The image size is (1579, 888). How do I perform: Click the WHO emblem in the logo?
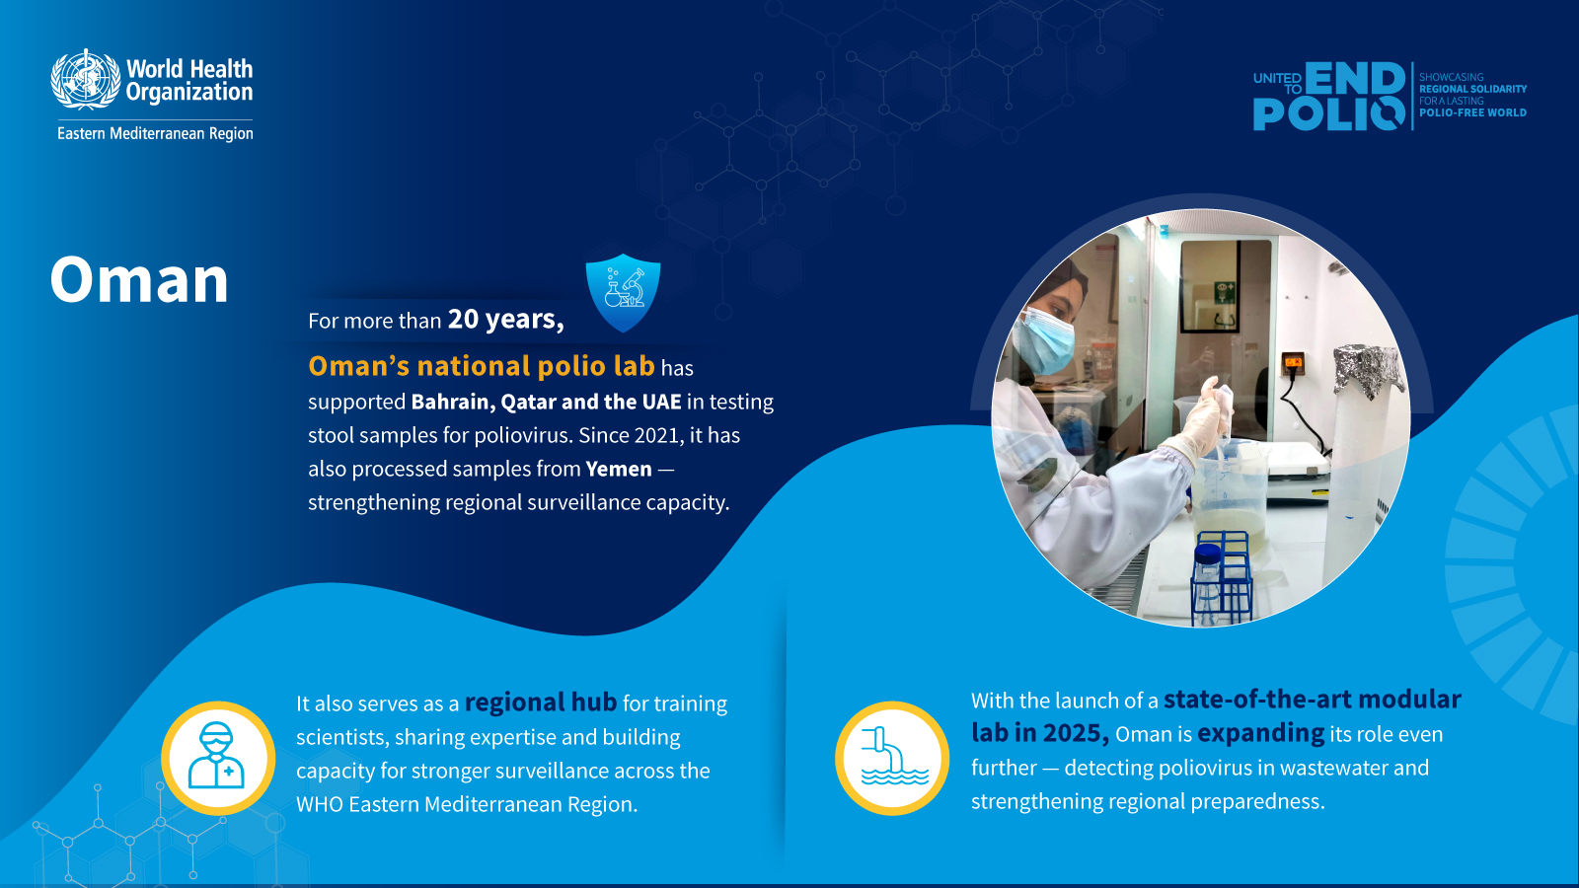pos(85,79)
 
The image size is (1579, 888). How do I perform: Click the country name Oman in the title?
pos(139,280)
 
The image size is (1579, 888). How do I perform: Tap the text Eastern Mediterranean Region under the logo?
pos(155,133)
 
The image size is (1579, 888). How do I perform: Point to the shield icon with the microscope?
pos(623,292)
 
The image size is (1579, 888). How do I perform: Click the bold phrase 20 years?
pos(505,320)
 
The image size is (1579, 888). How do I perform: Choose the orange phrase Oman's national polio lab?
pos(482,366)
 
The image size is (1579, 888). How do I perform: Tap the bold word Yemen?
pos(619,469)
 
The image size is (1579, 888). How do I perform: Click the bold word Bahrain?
pos(451,402)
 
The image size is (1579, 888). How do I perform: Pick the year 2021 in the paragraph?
pos(657,435)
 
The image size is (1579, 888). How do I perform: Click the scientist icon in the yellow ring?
pos(218,758)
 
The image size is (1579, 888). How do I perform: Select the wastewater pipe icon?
pos(892,758)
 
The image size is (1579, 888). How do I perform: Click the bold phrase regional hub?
pos(540,703)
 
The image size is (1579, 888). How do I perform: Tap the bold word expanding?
pos(1260,733)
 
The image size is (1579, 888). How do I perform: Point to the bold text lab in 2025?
pos(1039,733)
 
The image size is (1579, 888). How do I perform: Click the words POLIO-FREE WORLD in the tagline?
pos(1472,112)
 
